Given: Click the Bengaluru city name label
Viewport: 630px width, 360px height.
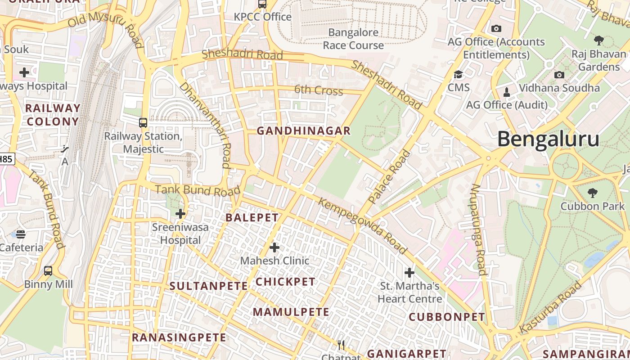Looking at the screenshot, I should [548, 139].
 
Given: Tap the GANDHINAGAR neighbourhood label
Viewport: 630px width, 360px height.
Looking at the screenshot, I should [303, 131].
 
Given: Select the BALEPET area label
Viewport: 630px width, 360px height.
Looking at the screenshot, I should [252, 218].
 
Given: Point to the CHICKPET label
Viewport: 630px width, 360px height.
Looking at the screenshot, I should [285, 282].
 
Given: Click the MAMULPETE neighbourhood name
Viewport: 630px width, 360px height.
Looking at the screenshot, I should [291, 312].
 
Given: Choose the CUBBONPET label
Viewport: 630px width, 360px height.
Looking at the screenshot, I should [447, 317].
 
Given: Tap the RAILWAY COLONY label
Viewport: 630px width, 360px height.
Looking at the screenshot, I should [53, 115].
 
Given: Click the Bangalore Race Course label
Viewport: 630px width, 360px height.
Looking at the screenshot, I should [353, 39].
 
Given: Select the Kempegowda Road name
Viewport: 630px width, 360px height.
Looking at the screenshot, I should [363, 225].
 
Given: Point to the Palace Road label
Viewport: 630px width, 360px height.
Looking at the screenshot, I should [390, 176].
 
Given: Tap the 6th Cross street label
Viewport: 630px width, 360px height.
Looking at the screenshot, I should [319, 90].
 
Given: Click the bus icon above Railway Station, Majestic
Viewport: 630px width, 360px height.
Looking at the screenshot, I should [143, 122].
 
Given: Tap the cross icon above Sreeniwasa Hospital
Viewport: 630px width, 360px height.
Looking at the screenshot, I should [180, 214].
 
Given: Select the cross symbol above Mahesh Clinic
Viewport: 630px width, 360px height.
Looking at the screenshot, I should [274, 247].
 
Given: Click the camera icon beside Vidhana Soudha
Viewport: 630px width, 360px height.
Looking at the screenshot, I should [559, 75].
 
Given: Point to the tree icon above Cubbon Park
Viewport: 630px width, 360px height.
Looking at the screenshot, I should [593, 193].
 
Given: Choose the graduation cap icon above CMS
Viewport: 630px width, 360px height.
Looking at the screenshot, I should [458, 74].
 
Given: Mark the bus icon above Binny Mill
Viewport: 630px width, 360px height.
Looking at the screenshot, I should [48, 271].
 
